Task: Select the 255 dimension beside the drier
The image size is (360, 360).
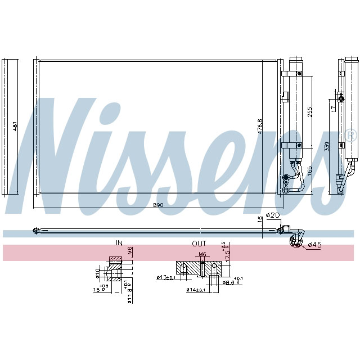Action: pyautogui.click(x=309, y=110)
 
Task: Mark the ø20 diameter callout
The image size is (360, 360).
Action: pyautogui.click(x=273, y=215)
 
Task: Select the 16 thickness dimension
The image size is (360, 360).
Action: pyautogui.click(x=259, y=219)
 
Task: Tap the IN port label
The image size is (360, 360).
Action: pyautogui.click(x=119, y=243)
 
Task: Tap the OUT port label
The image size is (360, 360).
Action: pyautogui.click(x=199, y=243)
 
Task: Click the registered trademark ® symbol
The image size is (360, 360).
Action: pyautogui.click(x=350, y=135)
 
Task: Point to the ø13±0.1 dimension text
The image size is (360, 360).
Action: pyautogui.click(x=166, y=277)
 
